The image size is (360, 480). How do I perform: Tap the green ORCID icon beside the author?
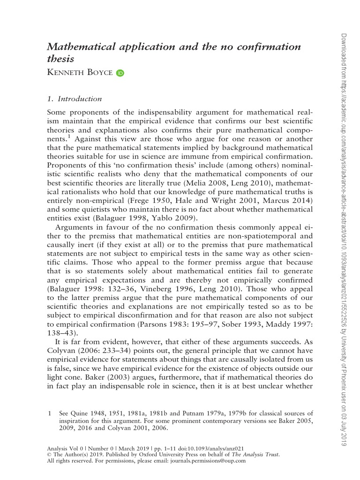[x=120, y=73]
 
